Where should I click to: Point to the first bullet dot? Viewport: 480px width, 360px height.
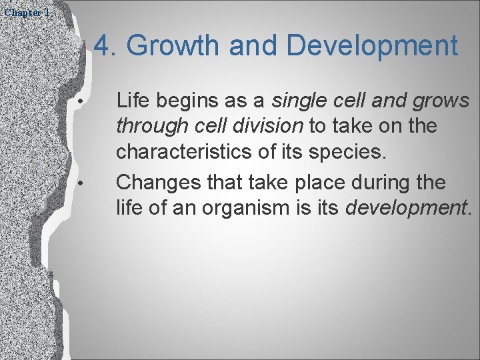79,102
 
